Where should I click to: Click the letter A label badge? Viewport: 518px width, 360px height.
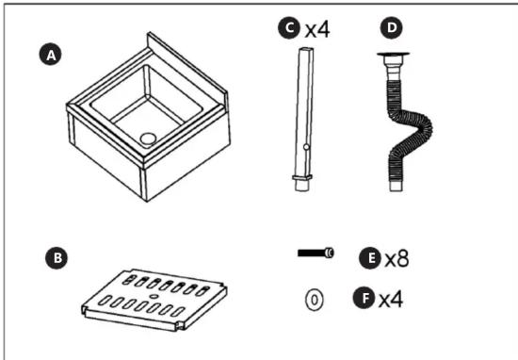click(51, 55)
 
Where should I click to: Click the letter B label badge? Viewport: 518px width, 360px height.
click(57, 258)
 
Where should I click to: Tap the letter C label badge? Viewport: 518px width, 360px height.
click(289, 28)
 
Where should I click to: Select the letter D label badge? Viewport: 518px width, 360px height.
click(392, 27)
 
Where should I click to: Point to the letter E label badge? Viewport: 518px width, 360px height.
click(370, 258)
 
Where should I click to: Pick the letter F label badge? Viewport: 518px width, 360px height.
click(364, 298)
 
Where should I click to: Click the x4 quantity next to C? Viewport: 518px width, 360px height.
click(317, 29)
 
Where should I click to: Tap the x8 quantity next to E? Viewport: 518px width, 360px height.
click(397, 258)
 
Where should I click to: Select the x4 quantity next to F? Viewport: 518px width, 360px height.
click(391, 299)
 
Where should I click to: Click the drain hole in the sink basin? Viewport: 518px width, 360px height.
click(148, 139)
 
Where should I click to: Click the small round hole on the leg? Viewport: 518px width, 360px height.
click(306, 147)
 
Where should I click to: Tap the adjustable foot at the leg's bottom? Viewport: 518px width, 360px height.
click(302, 183)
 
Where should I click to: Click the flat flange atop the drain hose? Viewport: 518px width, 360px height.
click(393, 55)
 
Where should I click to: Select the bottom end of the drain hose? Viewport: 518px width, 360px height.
click(396, 185)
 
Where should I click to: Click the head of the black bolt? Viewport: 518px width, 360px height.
click(329, 254)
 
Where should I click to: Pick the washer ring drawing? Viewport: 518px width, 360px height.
click(315, 300)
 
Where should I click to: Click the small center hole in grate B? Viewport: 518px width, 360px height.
click(153, 296)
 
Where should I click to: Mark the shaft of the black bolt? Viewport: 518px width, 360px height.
click(311, 254)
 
